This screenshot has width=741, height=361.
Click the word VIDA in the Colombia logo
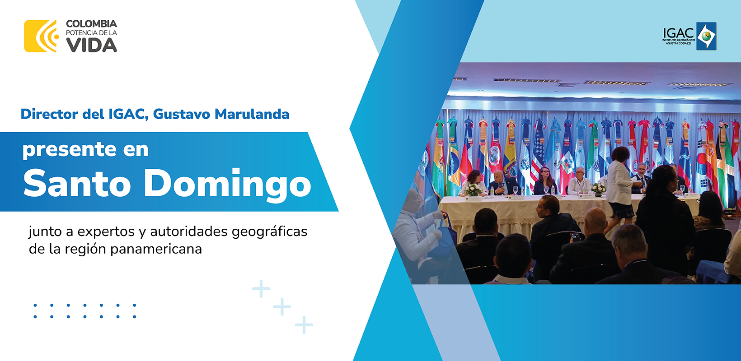tap(91, 45)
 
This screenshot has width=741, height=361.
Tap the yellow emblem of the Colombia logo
tap(41, 36)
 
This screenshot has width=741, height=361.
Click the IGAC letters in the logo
tap(678, 33)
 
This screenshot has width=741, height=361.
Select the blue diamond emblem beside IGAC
tap(706, 36)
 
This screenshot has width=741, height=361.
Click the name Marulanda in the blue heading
tap(252, 114)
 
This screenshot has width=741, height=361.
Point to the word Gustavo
tap(181, 114)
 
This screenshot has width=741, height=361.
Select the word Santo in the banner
tap(77, 183)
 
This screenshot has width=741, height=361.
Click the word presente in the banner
tap(69, 150)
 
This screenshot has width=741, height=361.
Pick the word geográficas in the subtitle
tap(269, 232)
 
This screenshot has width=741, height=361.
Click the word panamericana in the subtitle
tap(156, 250)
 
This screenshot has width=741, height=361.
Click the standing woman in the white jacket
tap(619, 188)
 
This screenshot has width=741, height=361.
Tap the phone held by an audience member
tap(575, 236)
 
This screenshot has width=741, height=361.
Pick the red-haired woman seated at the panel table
tap(545, 181)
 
